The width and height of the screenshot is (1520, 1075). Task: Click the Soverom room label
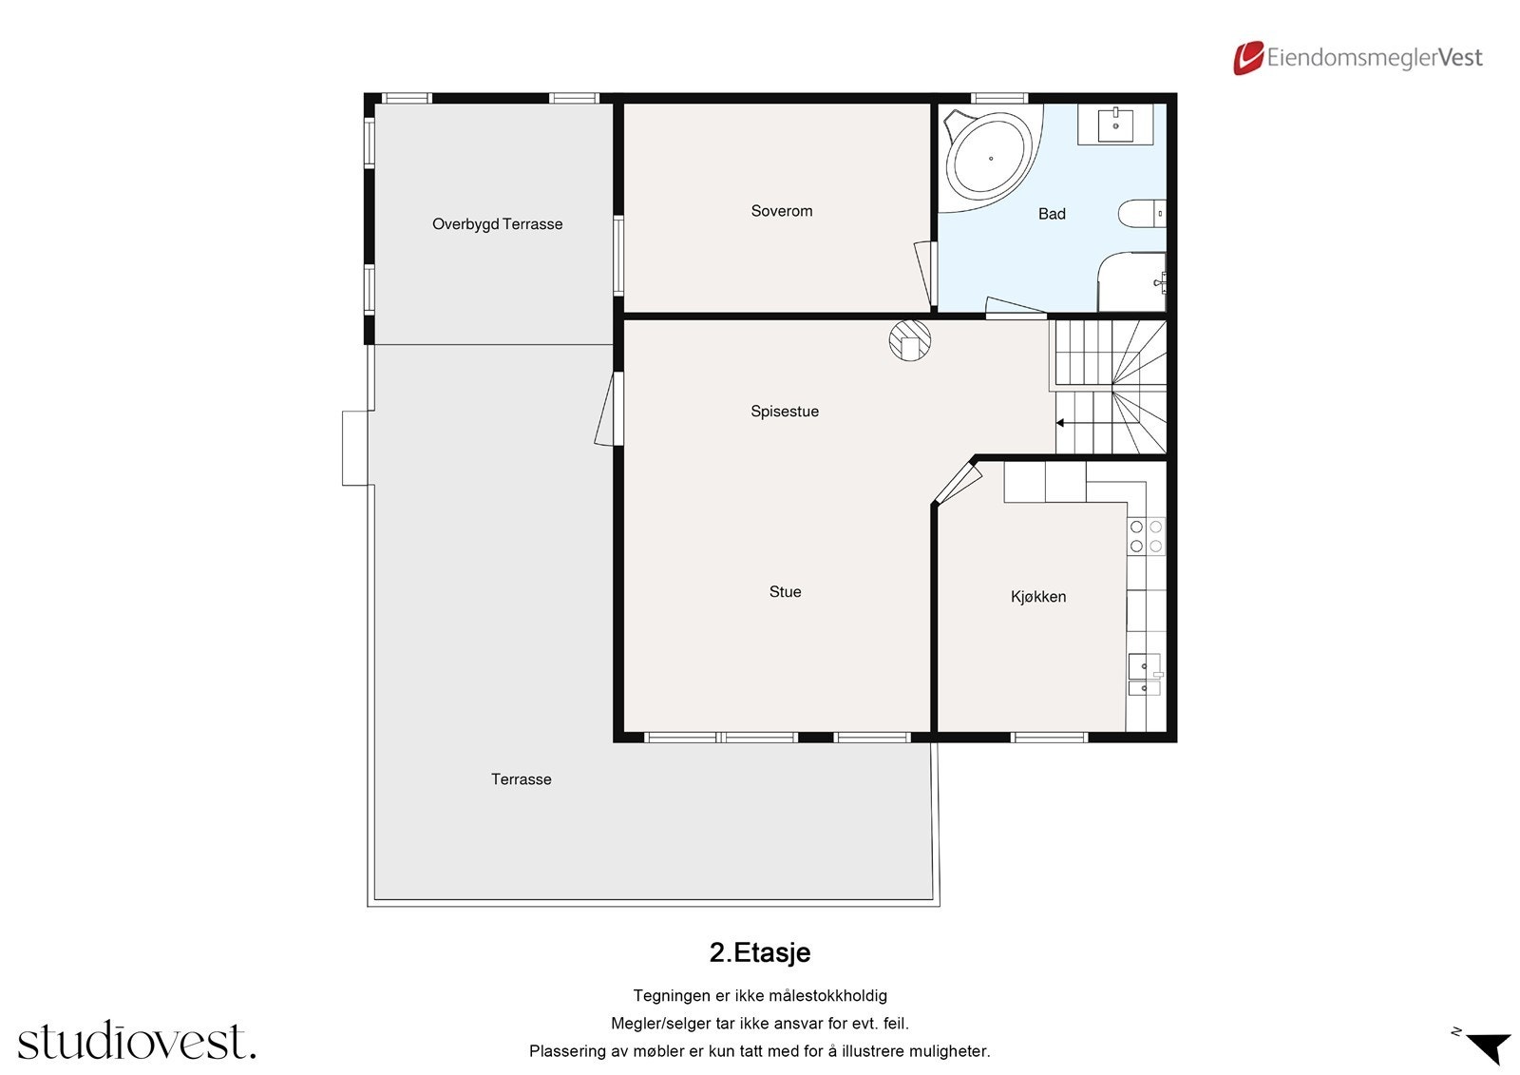coord(781,211)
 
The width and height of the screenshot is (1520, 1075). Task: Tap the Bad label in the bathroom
coord(1052,214)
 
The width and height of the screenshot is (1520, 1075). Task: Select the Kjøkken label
coord(1038,596)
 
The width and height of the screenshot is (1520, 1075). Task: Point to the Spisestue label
coord(785,412)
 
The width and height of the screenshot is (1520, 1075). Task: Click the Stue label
coord(785,591)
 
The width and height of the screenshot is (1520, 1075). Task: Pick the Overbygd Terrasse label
coord(498,224)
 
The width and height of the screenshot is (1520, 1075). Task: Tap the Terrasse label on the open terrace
coord(522,778)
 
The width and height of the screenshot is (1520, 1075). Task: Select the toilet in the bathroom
coord(1141,213)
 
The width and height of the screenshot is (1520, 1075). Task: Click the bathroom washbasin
coord(1115,124)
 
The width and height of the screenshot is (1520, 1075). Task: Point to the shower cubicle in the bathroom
coord(1131,282)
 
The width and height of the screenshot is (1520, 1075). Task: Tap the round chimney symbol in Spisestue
coord(910,340)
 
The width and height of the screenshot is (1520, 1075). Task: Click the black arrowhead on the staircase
coord(1059,423)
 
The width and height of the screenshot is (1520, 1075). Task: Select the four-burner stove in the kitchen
coord(1146,536)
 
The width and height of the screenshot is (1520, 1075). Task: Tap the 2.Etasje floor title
coord(760,952)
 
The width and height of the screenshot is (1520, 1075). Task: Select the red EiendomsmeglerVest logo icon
coord(1248,58)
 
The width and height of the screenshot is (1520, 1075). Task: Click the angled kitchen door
coord(959,483)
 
